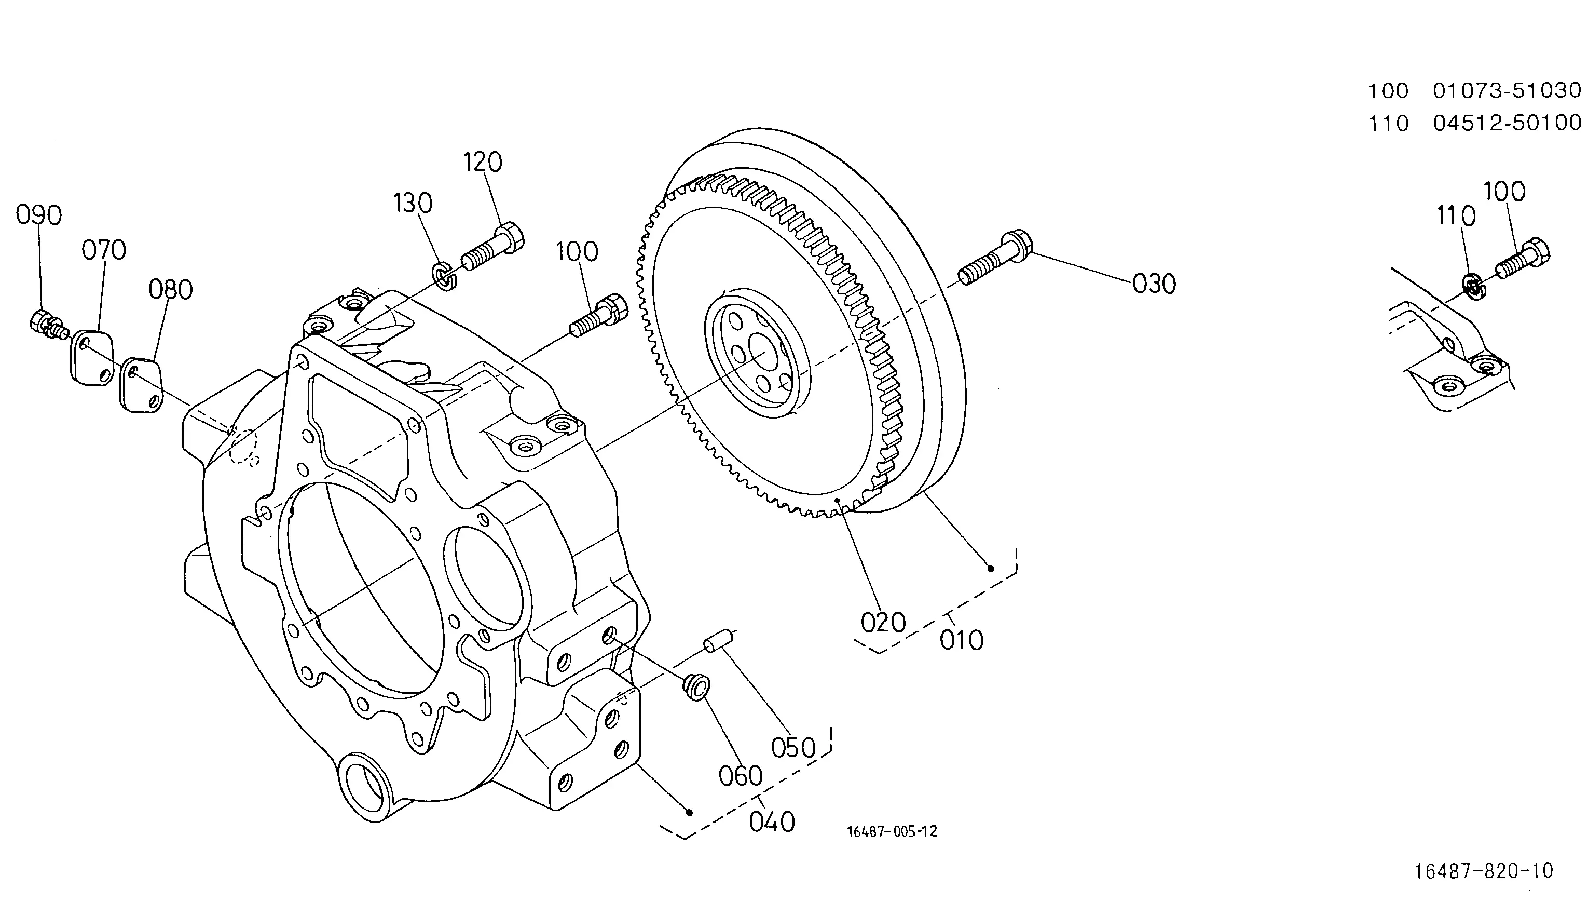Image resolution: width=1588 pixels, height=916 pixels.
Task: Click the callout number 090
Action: pyautogui.click(x=39, y=215)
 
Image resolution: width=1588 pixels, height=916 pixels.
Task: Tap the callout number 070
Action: pyautogui.click(x=104, y=250)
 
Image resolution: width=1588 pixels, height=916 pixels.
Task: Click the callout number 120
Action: pyautogui.click(x=483, y=163)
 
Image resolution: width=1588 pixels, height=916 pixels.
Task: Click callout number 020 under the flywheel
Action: pyautogui.click(x=883, y=623)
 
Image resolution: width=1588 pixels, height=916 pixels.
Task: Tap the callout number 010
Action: pyautogui.click(x=962, y=640)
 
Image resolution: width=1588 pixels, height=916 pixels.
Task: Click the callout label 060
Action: pyautogui.click(x=741, y=776)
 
